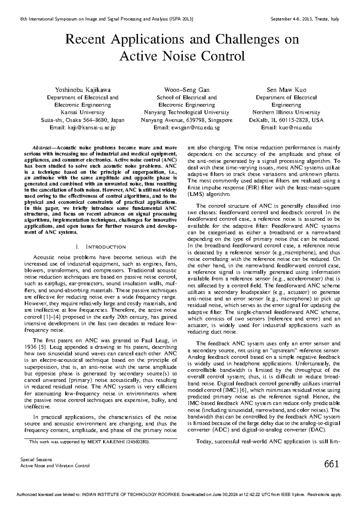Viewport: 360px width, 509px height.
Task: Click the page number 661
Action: (331, 464)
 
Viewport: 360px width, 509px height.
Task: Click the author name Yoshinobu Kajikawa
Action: (82, 90)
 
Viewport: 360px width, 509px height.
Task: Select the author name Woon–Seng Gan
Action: (186, 90)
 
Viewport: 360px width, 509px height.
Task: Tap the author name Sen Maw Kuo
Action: (286, 90)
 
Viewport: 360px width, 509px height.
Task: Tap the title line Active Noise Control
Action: (182, 56)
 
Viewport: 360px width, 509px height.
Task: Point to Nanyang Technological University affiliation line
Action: (186, 113)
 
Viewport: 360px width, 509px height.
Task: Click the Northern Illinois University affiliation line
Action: (286, 113)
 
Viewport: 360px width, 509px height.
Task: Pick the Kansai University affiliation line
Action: (82, 113)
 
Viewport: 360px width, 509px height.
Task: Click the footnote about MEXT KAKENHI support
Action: (89, 442)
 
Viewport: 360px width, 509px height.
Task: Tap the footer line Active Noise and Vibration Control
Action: (55, 466)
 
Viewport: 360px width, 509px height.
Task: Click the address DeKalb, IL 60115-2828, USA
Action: (286, 120)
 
